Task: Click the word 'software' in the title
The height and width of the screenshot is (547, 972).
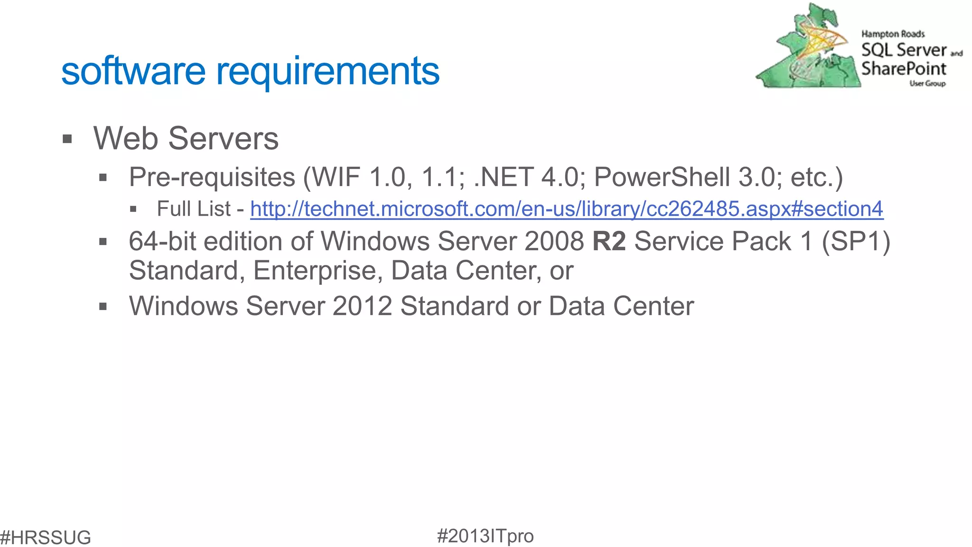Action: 133,71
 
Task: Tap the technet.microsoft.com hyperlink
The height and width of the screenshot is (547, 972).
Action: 566,209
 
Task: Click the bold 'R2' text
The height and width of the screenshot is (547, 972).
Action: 609,241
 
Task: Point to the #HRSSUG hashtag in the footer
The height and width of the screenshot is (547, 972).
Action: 46,538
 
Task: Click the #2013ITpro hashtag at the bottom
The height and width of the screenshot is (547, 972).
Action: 485,536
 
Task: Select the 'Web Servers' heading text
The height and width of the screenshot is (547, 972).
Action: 186,139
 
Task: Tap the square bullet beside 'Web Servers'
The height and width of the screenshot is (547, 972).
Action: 67,140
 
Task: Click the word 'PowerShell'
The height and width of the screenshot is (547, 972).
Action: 662,177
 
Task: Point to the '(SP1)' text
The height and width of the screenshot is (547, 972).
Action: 856,241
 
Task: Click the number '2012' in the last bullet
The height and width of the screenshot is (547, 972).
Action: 362,306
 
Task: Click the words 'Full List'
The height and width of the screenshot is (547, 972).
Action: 194,209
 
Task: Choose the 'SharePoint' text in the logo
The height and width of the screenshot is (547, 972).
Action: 904,69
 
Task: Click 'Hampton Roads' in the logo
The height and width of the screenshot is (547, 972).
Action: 893,34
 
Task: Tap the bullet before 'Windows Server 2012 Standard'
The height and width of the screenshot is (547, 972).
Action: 103,307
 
